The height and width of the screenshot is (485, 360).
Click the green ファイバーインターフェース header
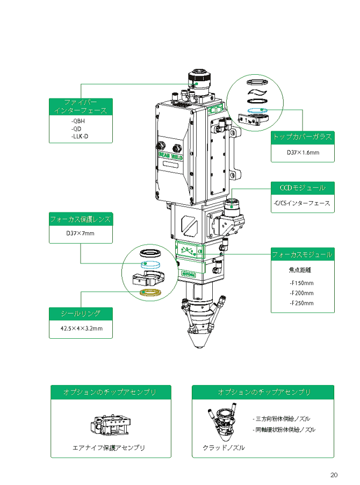pos(81,106)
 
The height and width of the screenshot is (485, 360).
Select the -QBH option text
pos(78,121)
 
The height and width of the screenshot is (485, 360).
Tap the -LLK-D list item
pos(80,137)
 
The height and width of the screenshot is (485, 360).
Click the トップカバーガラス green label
pos(303,137)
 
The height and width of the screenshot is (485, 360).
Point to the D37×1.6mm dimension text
pos(303,153)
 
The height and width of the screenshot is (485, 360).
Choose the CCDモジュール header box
pos(303,188)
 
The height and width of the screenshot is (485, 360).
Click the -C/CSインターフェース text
pos(302,203)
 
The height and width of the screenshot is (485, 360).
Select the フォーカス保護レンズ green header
pos(81,219)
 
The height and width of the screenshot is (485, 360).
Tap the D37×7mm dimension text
pos(80,233)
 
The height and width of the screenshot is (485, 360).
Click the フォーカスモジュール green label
pos(303,254)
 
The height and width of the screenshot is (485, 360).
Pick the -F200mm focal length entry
pos(301,293)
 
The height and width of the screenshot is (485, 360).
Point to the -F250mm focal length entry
pos(301,303)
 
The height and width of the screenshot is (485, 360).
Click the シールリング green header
pos(81,313)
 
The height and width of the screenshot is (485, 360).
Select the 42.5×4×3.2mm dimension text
pos(81,328)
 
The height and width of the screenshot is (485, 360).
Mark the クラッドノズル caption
pos(224,447)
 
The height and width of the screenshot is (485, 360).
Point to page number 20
pos(334,475)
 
